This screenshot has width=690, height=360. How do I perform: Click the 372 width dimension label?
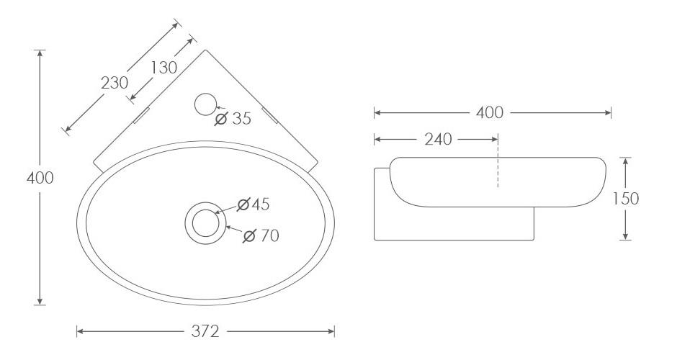205,331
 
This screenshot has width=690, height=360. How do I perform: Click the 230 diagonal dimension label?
115,82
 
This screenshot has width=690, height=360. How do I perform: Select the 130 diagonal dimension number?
163,68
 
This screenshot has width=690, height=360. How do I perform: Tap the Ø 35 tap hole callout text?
233,118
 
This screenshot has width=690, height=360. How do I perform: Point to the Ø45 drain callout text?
253,204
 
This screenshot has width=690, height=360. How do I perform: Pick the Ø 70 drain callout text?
261,236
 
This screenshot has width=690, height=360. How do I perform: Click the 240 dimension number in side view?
438,140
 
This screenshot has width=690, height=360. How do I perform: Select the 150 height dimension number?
625,199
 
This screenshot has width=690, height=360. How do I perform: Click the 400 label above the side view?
489,113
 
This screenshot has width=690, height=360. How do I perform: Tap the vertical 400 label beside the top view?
40,178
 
